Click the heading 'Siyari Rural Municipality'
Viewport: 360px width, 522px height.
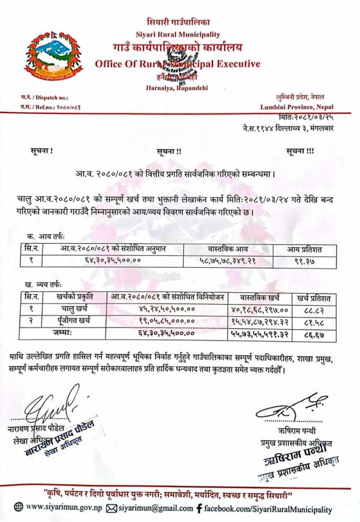point(178,34)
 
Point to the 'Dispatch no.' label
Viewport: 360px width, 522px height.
point(49,98)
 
